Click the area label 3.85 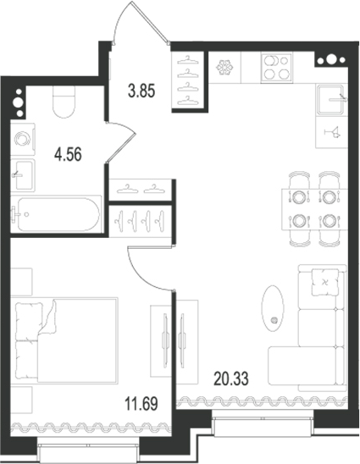click(141, 91)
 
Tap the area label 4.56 click(68, 154)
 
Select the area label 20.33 click(231, 379)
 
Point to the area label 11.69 click(141, 404)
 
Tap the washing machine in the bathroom click(23, 140)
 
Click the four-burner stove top click(276, 68)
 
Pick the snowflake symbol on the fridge click(224, 68)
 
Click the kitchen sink click(331, 99)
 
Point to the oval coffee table click(273, 309)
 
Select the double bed click(67, 340)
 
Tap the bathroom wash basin click(23, 175)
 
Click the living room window click(263, 425)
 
